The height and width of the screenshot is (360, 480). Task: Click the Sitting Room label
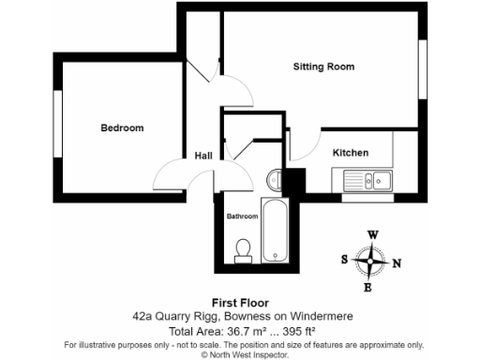pos(323,67)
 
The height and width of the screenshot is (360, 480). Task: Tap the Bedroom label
pos(122,127)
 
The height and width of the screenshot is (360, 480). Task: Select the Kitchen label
pos(351,153)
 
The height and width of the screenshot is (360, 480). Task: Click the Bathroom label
pos(242,217)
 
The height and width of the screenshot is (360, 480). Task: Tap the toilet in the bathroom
pos(244,247)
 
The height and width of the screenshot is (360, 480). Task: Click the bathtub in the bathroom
pos(275,230)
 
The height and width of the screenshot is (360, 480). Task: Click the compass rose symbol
pos(372,261)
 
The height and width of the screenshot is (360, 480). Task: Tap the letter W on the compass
pos(372,235)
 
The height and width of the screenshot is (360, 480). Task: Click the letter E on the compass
pos(367,287)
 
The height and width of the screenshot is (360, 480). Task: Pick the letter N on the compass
pos(397,263)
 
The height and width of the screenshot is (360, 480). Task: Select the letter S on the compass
pos(345,259)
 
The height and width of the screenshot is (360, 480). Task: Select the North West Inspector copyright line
pos(240,354)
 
